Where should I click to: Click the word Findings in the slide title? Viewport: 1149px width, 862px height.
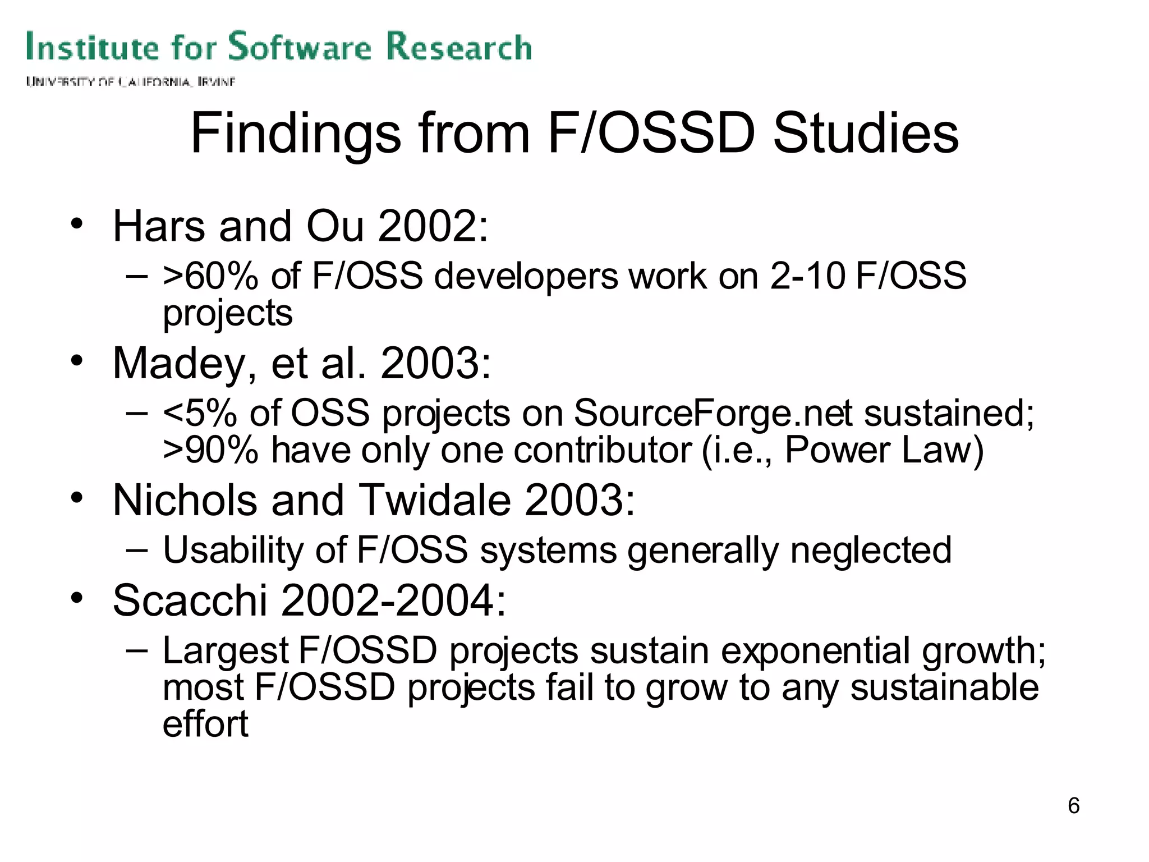click(296, 135)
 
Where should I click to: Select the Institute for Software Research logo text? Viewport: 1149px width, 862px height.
click(279, 47)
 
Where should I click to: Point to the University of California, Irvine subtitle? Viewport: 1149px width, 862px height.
click(130, 82)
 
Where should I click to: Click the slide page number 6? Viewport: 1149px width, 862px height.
click(1073, 806)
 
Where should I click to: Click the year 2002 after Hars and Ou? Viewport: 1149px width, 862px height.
click(425, 226)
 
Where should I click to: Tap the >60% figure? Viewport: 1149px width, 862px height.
click(210, 276)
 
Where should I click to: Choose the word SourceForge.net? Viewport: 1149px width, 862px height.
click(713, 413)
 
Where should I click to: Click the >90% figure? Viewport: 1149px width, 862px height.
click(210, 450)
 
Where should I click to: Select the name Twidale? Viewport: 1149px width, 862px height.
click(434, 500)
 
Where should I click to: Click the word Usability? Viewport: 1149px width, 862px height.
click(233, 550)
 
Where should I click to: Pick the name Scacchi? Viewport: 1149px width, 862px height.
click(190, 600)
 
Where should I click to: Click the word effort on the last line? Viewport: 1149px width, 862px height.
click(205, 724)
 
